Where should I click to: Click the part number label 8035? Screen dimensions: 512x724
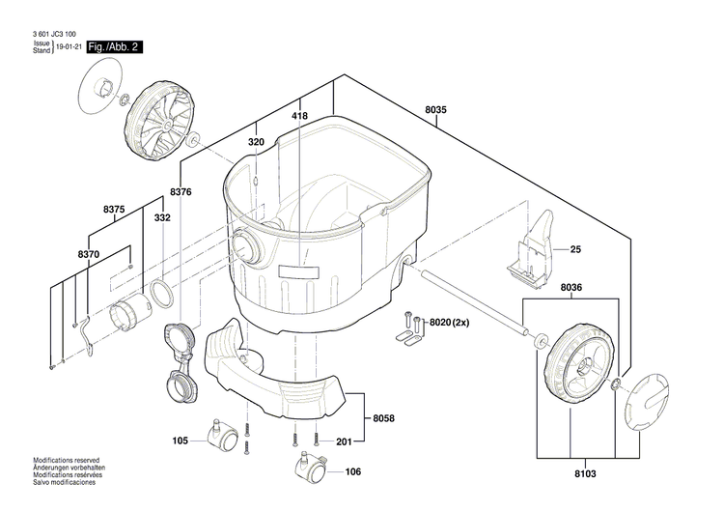tap(435, 110)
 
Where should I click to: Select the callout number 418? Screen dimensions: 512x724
tap(299, 116)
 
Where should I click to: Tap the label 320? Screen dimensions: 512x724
tap(255, 142)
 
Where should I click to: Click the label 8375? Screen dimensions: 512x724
tap(114, 210)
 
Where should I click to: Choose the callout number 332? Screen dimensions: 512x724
tap(162, 218)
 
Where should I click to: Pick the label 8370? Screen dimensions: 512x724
tap(88, 253)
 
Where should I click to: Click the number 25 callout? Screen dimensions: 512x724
tap(575, 249)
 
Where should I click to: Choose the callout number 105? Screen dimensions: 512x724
tap(181, 441)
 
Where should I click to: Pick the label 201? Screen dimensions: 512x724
tap(344, 441)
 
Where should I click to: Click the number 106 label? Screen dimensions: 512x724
tap(352, 471)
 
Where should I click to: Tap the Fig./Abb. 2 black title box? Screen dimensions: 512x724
tap(114, 46)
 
